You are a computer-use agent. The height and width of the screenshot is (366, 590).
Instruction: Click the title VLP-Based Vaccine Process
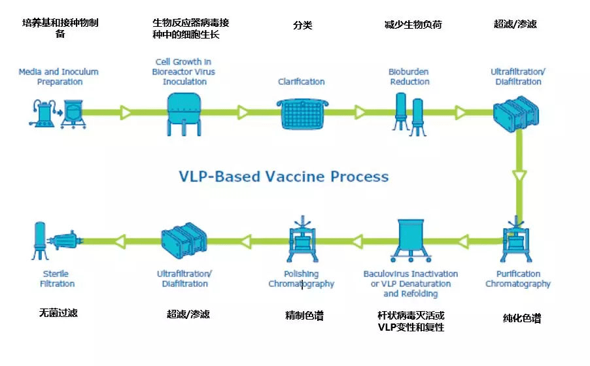coord(284,176)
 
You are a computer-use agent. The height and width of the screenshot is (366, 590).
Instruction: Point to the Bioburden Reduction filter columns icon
coord(409,112)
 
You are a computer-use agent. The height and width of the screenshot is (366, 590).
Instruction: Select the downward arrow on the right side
coord(519,176)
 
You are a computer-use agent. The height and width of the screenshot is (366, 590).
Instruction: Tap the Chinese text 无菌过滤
coord(58,313)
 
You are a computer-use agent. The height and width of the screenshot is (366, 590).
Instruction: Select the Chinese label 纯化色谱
coord(521,319)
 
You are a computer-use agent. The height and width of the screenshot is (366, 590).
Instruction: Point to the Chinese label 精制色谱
coord(304,316)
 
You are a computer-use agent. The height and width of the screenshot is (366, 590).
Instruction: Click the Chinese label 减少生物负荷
coord(413,25)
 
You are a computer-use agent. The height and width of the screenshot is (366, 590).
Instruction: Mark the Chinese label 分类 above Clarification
coord(302,25)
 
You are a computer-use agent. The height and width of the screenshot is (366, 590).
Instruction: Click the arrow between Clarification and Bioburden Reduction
coord(359,112)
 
